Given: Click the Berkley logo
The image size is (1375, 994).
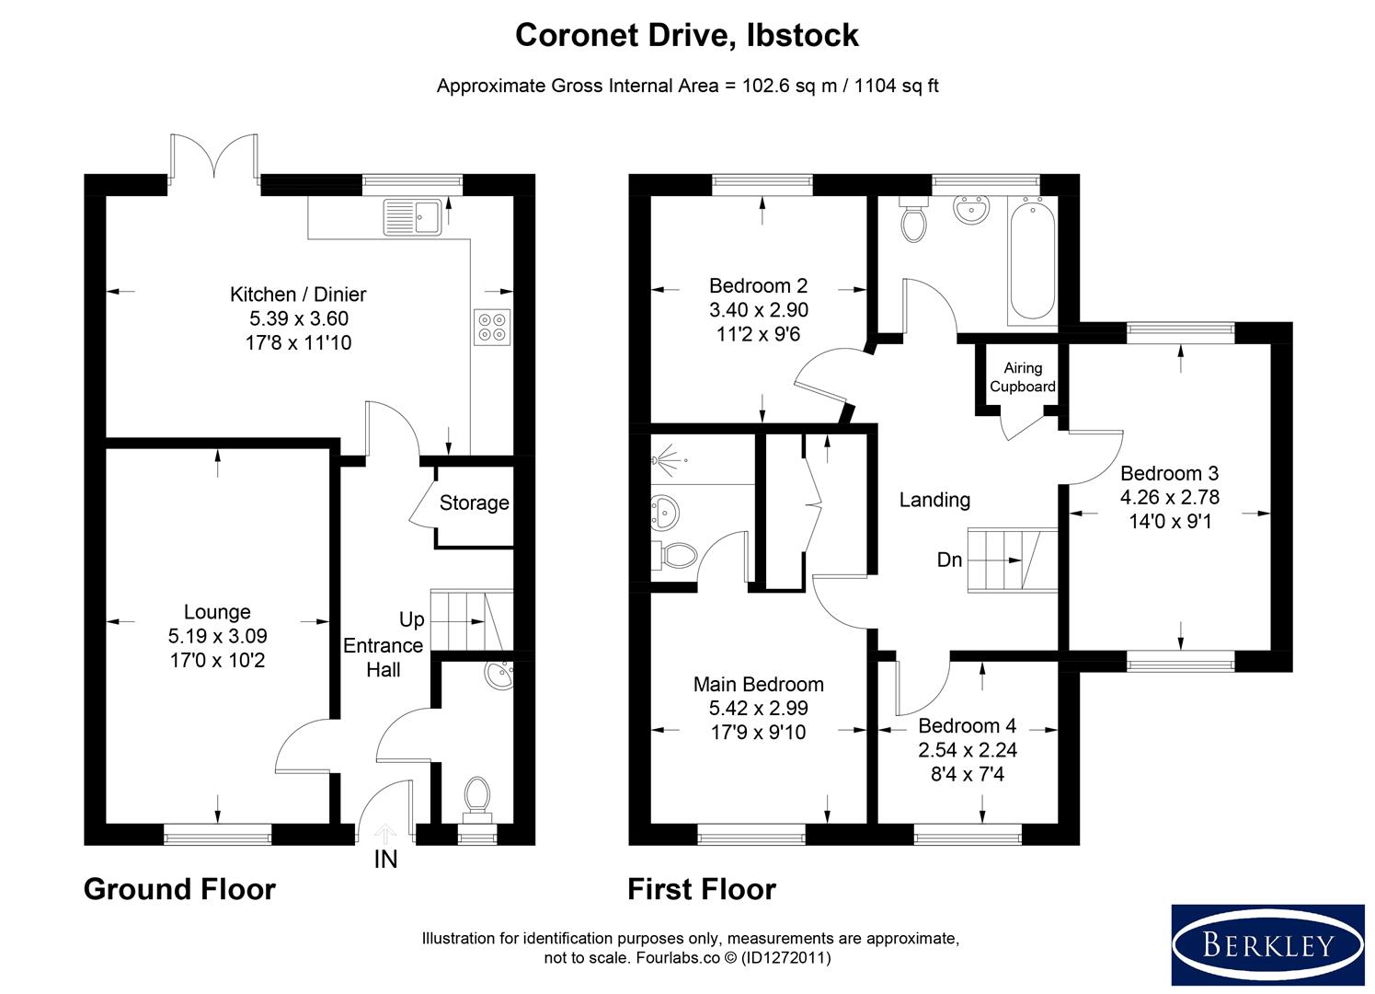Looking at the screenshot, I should point(1267,944).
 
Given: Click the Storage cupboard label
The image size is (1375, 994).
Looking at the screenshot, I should point(474,503).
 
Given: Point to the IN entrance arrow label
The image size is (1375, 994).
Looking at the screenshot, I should point(385,860).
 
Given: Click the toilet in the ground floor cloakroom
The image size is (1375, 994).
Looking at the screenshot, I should point(476,796).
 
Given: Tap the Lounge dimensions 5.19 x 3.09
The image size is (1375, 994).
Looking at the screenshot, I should point(217,636).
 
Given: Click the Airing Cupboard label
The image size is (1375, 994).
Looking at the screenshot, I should point(1023,377).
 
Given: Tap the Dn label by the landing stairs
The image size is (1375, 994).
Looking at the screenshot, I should point(949,560).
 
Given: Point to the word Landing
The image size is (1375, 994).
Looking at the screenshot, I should point(934,500).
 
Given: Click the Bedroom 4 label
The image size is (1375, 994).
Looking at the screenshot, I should point(967,725).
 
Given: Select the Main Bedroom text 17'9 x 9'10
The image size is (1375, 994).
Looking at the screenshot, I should point(758,733).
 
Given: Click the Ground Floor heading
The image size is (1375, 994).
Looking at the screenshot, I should point(179,889).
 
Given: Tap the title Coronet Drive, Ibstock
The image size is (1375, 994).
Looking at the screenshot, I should point(686,35).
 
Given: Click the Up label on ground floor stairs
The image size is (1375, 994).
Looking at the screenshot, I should point(411,619).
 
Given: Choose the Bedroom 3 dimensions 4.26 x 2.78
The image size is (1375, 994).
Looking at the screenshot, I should point(1169,497).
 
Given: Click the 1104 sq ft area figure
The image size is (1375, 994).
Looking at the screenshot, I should point(896,87).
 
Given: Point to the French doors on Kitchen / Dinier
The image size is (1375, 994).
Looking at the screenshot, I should point(213,158).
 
